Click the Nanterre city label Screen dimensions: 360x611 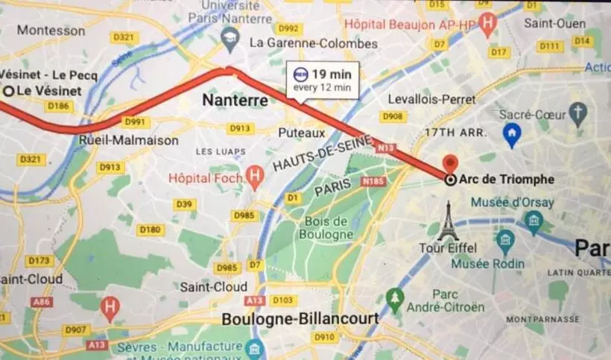pos(235,100)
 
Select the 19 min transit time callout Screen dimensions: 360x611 pos(323,80)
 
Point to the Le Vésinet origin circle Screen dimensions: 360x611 pos(8,91)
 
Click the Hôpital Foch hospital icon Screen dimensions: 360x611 pos(256,177)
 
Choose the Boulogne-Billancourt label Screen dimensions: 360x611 pos(300,319)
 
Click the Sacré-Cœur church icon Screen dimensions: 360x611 pos(577,113)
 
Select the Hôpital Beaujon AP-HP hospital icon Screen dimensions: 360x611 pos(487,23)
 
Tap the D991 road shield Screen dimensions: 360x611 pos(136,122)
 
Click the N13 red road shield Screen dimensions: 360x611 pos(386,148)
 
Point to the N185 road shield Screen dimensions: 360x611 pos(373,181)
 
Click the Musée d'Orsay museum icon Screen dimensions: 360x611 pos(534,221)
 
